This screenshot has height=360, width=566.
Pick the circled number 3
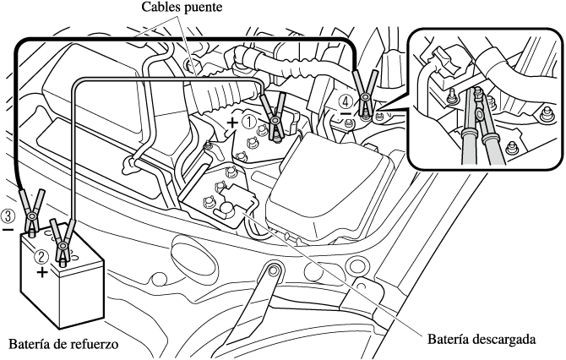[x=8, y=215]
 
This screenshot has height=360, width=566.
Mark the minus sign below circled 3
[x=8, y=228]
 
